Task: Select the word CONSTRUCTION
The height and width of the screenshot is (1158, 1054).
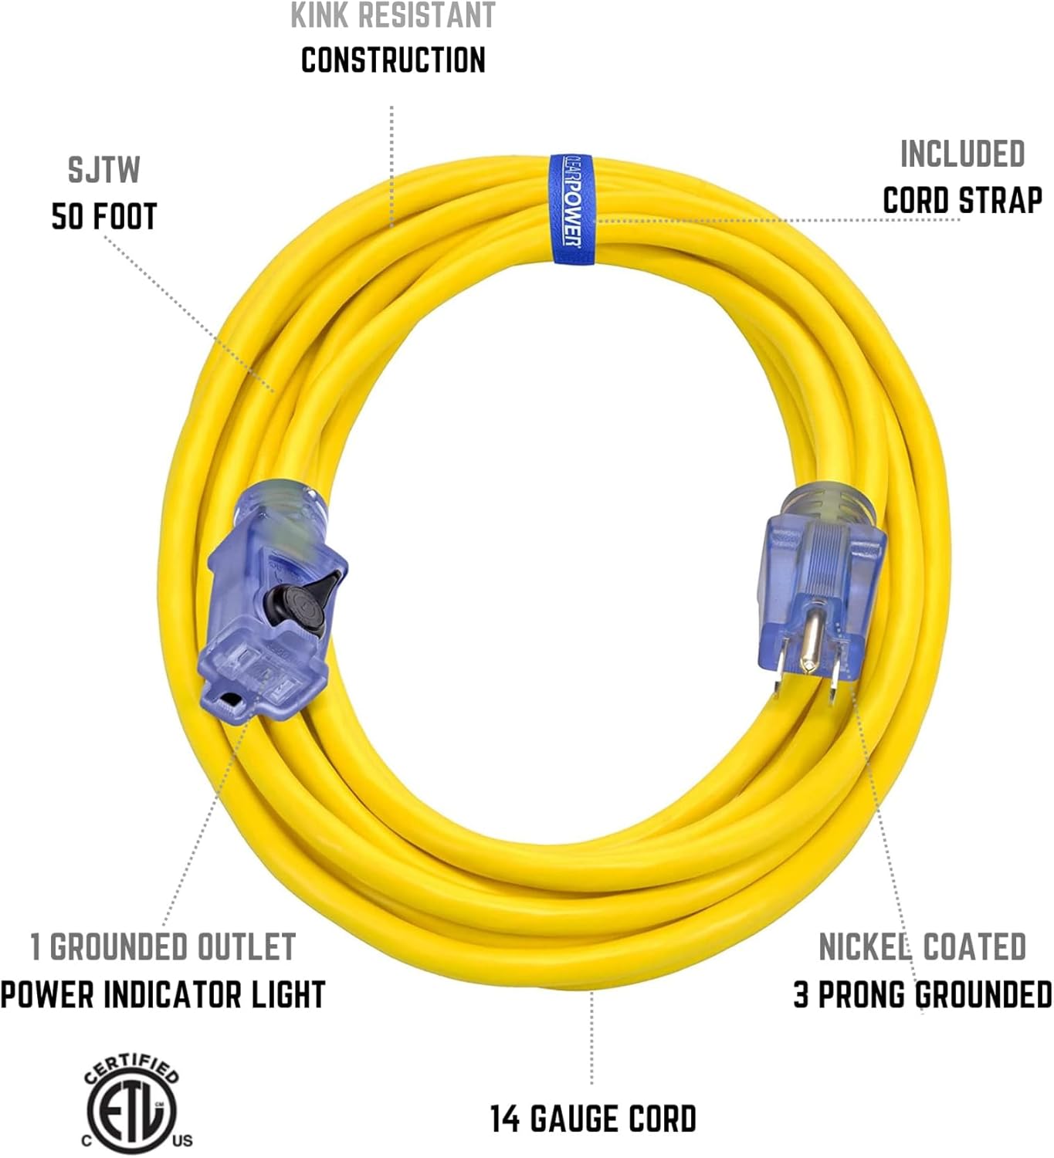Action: [393, 60]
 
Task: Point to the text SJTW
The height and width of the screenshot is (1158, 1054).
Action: [103, 171]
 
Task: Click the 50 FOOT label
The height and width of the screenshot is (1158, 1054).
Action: [104, 217]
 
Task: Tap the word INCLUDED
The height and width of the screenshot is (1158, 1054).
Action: [962, 154]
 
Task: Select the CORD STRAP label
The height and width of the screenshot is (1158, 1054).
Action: [962, 201]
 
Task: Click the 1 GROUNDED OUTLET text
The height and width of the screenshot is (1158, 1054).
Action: [163, 947]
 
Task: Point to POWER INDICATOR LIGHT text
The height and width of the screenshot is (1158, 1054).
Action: [163, 994]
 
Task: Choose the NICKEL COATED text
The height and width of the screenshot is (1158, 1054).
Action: [922, 947]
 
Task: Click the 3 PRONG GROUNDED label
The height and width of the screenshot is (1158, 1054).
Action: [922, 994]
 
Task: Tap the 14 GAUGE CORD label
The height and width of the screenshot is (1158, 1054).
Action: [593, 1119]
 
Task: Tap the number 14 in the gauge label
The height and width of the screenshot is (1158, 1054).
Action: [506, 1119]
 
